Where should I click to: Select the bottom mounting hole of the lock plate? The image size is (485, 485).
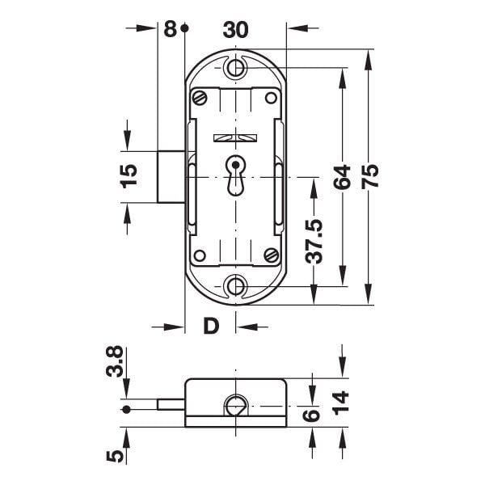(236, 285)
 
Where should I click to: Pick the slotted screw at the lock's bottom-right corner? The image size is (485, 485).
(271, 255)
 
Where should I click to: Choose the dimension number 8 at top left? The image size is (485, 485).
(170, 30)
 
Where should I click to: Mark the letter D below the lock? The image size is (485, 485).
(210, 327)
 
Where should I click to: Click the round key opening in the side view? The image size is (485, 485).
(236, 406)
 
